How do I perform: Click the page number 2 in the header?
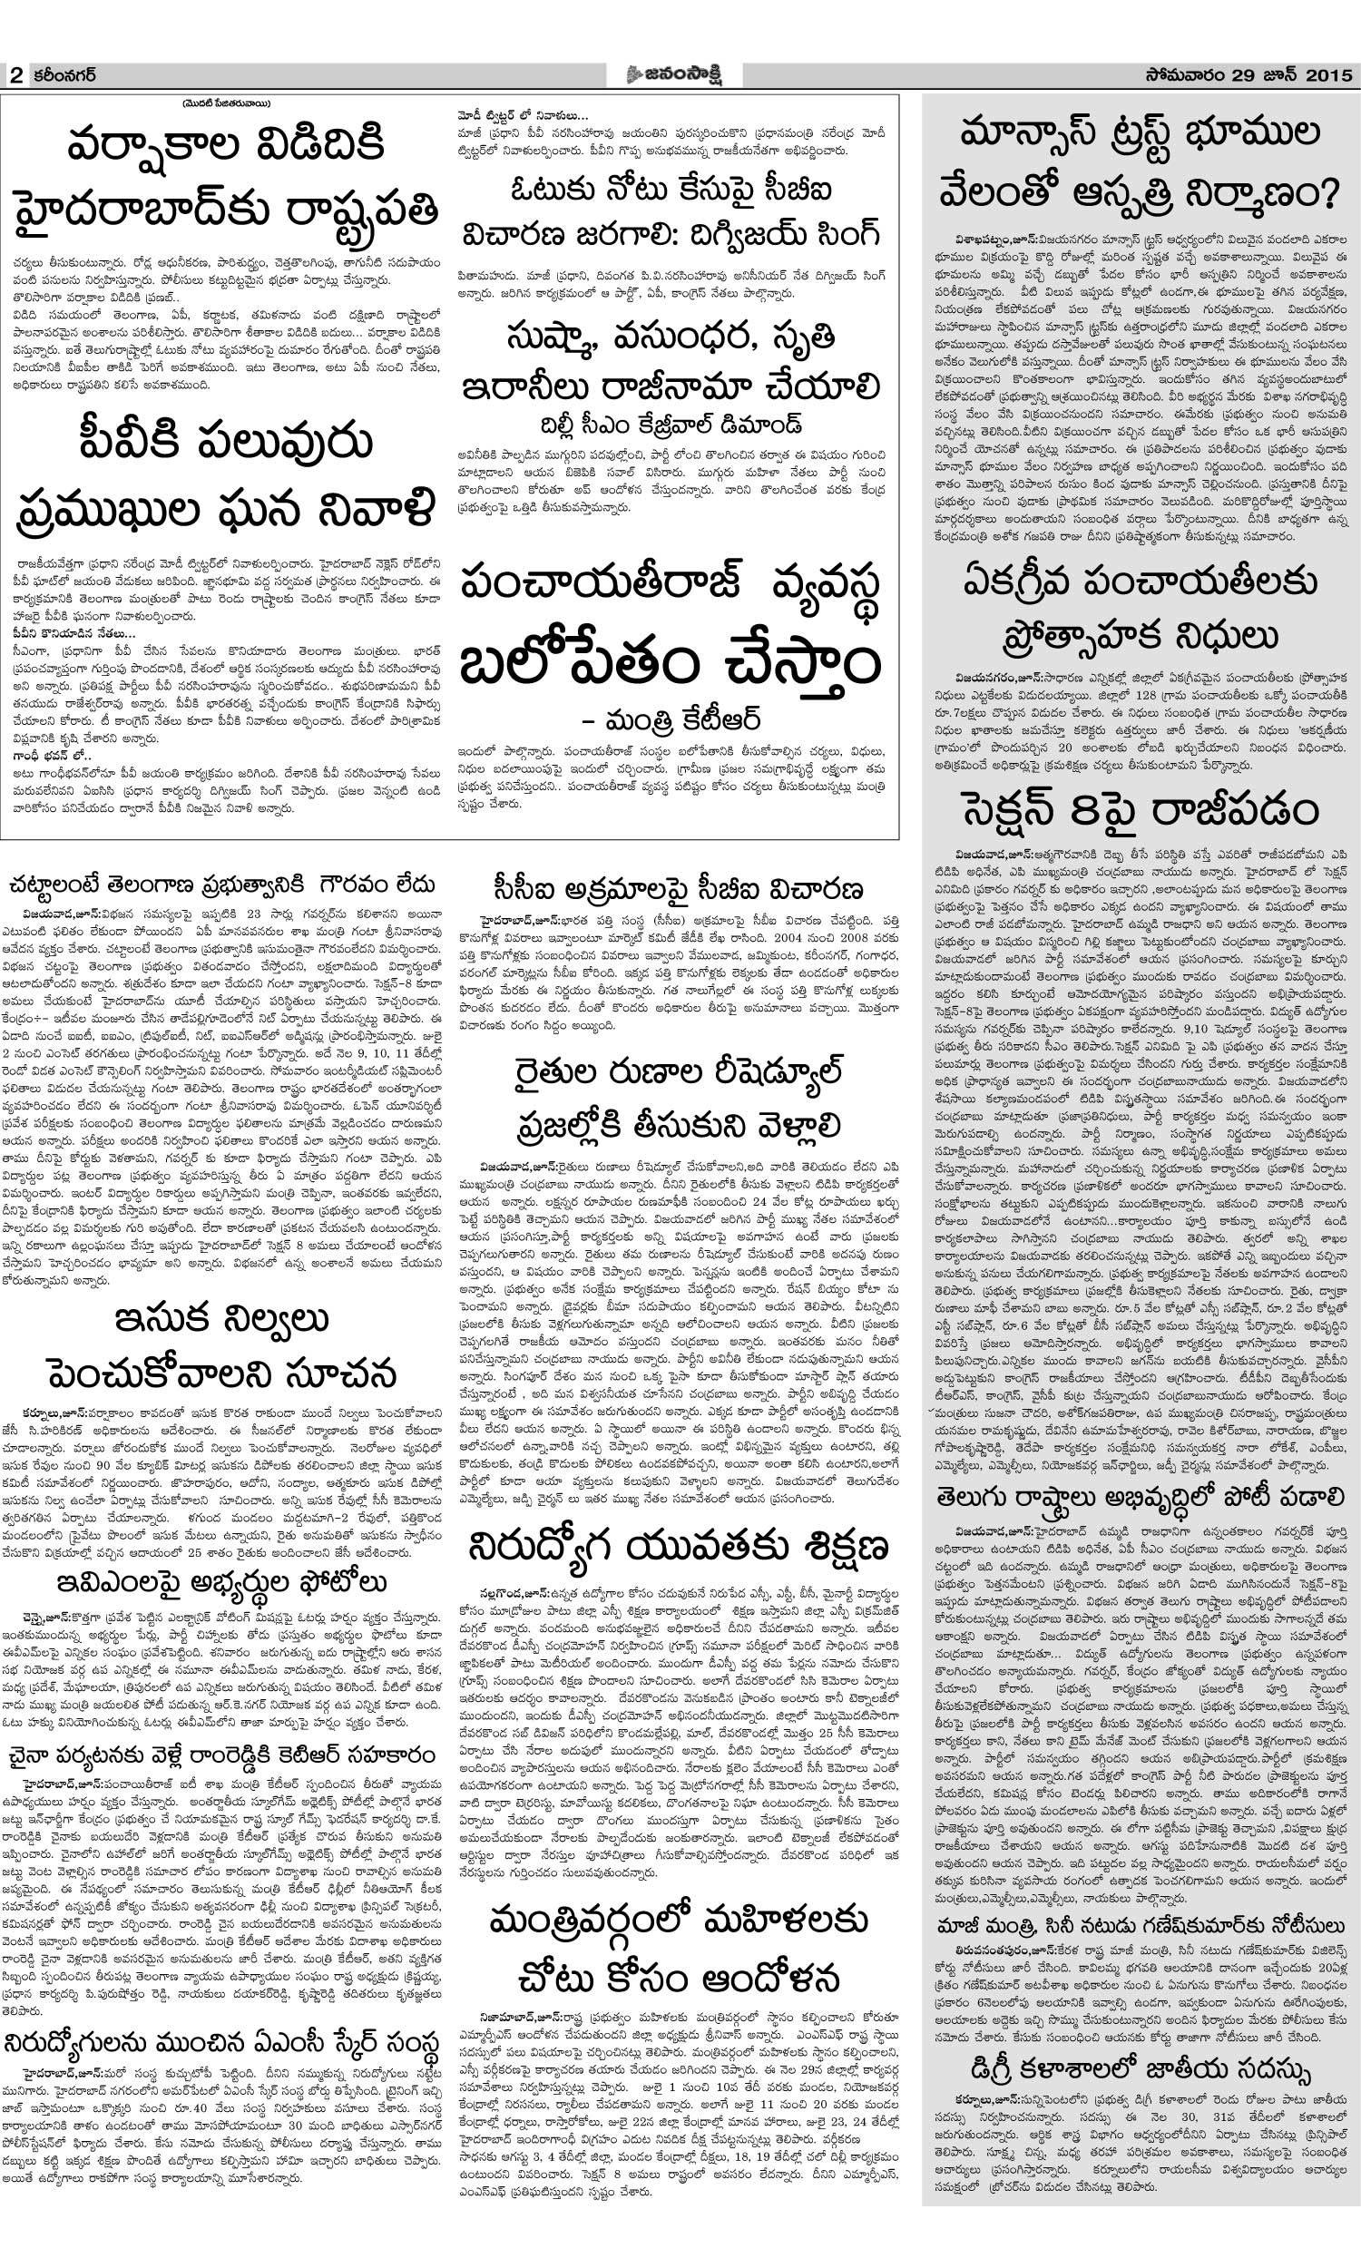(15, 76)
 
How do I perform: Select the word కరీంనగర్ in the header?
(64, 75)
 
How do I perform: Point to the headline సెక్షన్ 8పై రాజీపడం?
(1141, 809)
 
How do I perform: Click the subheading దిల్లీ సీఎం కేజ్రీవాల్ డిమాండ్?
(671, 425)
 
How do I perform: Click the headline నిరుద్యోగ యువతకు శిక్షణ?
(679, 1546)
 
